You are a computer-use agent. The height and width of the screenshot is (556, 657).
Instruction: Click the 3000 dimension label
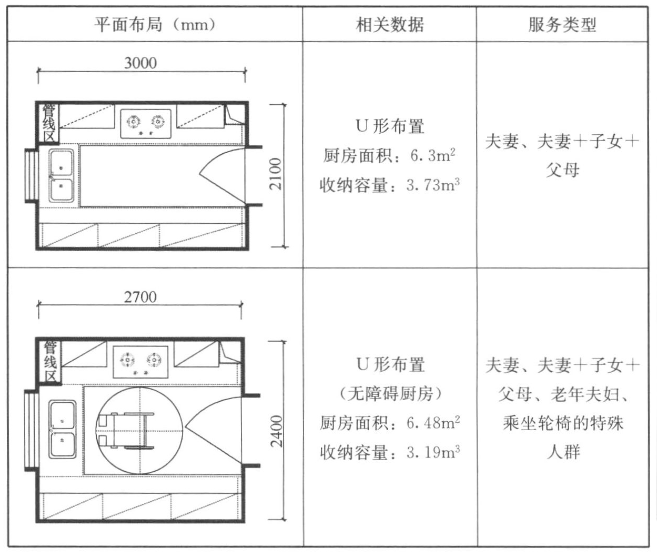tap(140, 63)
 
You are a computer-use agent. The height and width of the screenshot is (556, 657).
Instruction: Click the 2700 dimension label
tap(140, 297)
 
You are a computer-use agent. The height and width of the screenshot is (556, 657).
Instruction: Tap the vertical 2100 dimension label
tap(276, 174)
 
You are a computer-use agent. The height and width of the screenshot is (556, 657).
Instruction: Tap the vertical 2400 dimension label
tap(276, 431)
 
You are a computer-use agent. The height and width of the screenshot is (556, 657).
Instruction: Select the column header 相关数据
tap(390, 25)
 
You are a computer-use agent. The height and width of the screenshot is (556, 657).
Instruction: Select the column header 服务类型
tap(562, 25)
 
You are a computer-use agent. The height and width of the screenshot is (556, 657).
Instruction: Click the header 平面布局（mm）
tap(155, 25)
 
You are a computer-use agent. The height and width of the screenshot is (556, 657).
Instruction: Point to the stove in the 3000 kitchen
tap(146, 124)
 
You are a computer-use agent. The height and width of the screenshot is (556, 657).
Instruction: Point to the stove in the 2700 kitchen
tap(140, 362)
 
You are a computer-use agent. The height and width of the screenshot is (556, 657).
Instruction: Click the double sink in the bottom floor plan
tap(62, 429)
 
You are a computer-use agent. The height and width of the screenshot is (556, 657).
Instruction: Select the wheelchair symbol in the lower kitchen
tap(126, 431)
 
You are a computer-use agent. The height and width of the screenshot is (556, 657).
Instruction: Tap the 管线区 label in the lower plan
tap(50, 361)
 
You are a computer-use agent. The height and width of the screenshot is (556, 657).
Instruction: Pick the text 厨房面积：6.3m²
tap(389, 155)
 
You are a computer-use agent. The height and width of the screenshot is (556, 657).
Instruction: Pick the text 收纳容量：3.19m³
tap(390, 452)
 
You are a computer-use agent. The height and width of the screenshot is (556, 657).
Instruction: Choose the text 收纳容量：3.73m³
tap(390, 185)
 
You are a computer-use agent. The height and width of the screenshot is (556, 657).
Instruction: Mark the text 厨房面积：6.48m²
tap(390, 423)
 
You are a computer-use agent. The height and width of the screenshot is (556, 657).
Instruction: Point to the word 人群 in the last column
tap(563, 452)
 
